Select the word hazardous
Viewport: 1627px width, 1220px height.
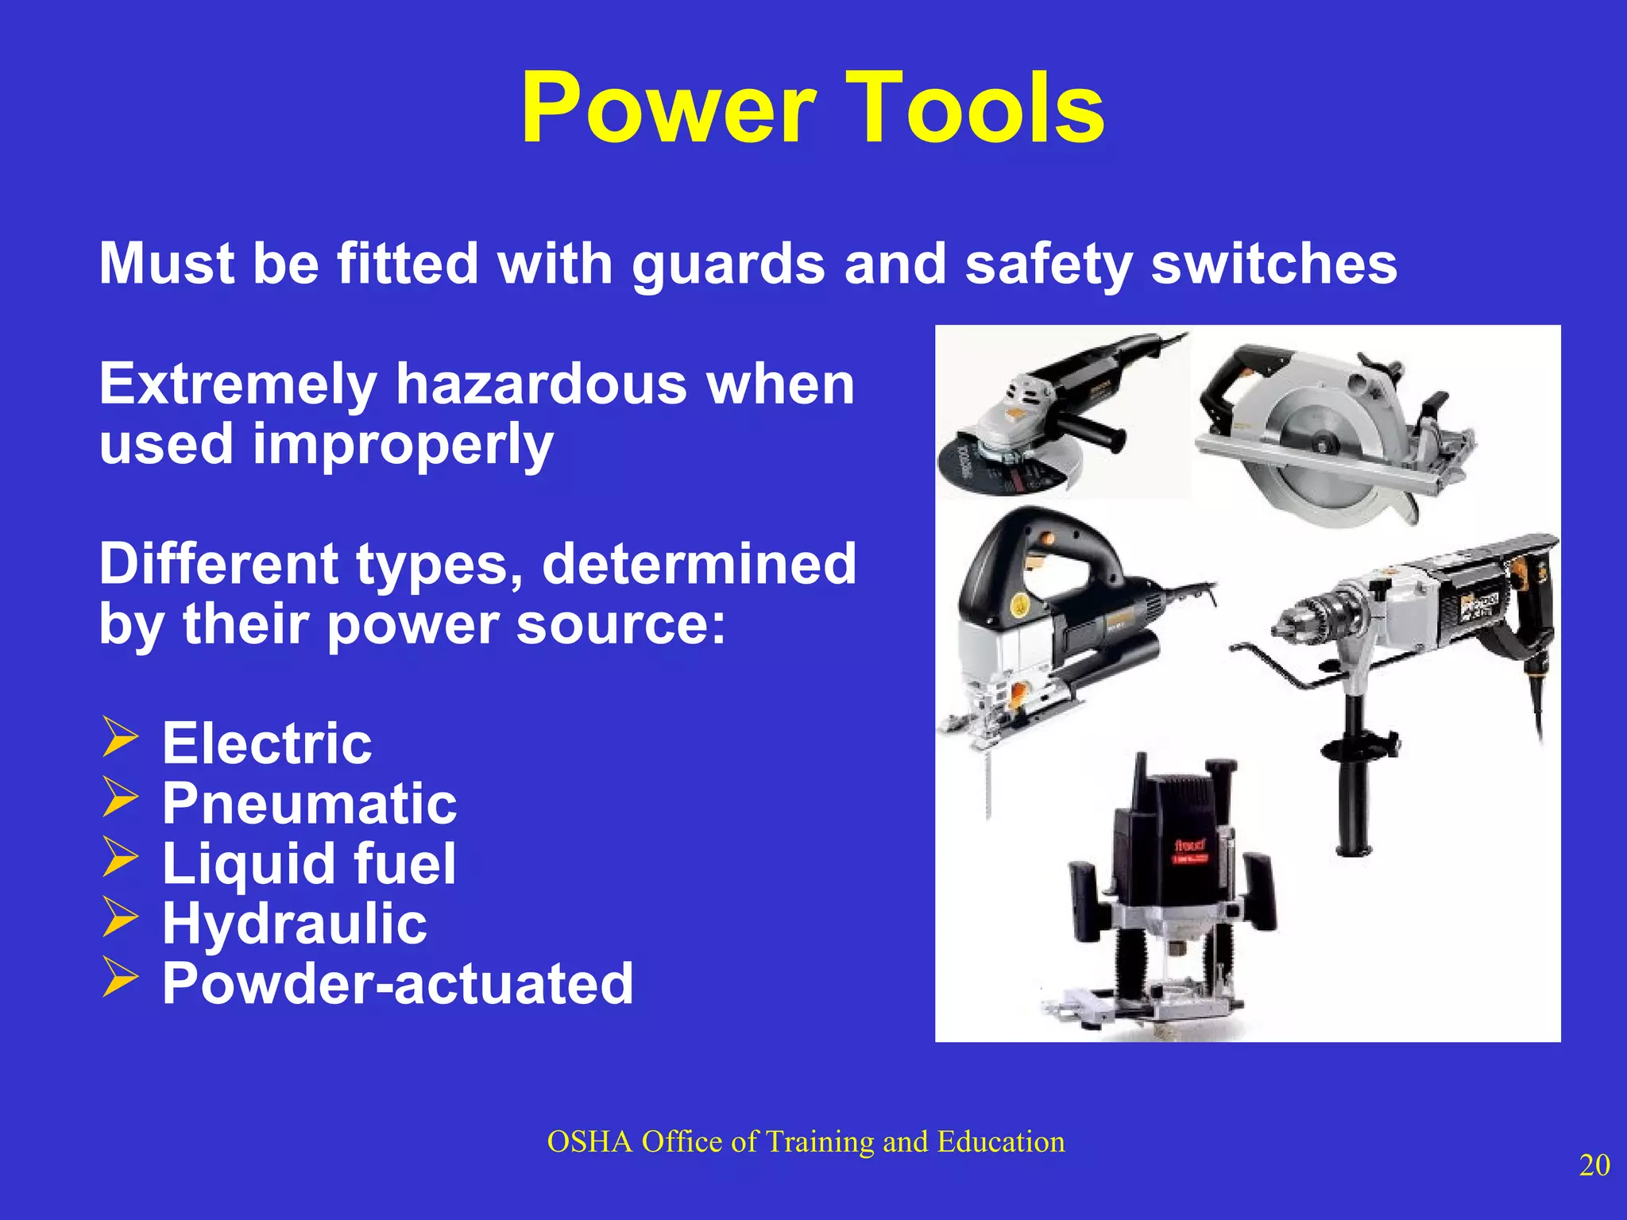point(541,384)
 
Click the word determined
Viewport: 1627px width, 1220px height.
point(699,564)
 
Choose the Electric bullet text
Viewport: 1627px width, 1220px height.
point(267,743)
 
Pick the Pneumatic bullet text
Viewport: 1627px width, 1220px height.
point(310,804)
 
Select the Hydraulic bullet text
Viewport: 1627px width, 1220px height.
point(295,924)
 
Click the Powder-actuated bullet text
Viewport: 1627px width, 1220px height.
point(398,983)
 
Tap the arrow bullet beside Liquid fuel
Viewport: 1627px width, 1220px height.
point(120,859)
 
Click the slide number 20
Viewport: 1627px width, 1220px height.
point(1594,1165)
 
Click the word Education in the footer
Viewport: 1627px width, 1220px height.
point(1000,1142)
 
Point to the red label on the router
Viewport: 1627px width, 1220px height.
point(1189,847)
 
